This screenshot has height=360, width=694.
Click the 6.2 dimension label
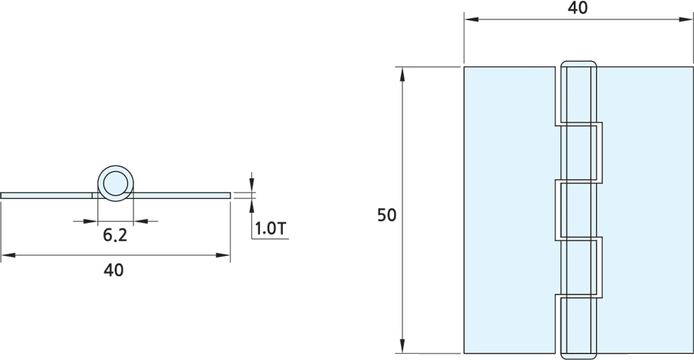tap(115, 236)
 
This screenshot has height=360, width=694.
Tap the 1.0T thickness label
tap(271, 229)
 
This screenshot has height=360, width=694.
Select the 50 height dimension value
tap(386, 215)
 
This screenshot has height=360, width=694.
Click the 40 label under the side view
tap(114, 270)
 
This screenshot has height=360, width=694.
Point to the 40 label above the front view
tap(578, 8)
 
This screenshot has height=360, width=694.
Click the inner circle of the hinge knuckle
tap(116, 184)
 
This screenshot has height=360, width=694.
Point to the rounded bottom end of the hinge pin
tap(578, 355)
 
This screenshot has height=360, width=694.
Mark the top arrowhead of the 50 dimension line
tap(403, 72)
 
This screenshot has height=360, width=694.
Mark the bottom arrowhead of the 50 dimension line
tap(403, 348)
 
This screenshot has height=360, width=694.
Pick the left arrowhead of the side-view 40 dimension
tap(5, 254)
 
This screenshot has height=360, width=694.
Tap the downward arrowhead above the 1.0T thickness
tap(251, 187)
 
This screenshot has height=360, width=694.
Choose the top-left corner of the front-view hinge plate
tap(464, 67)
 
